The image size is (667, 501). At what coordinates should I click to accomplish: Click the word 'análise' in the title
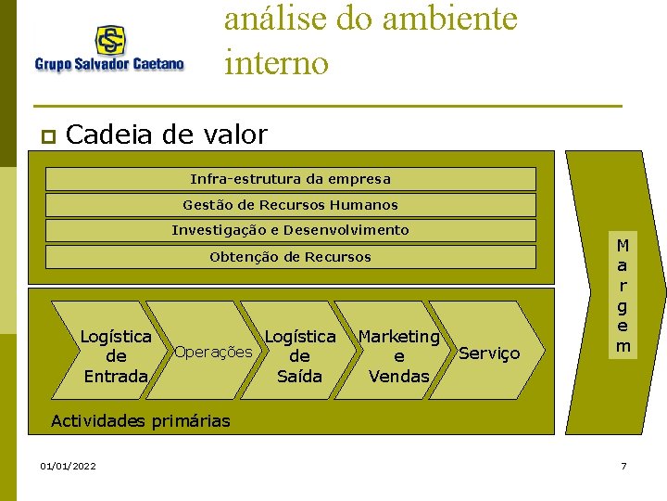[277, 19]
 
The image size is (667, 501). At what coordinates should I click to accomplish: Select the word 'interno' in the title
[276, 63]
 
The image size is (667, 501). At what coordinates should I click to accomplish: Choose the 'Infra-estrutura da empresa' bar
[290, 179]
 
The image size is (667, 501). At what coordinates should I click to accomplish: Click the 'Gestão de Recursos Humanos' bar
[290, 205]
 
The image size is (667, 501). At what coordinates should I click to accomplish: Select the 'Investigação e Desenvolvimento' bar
[290, 230]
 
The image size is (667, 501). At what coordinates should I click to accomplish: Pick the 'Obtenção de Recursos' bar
[290, 257]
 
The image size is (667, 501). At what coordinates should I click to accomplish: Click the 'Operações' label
[213, 352]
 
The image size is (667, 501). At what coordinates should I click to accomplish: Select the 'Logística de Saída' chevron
[299, 356]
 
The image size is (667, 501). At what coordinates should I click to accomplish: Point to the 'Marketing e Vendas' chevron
[398, 356]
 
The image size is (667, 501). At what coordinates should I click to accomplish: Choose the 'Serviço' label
[489, 353]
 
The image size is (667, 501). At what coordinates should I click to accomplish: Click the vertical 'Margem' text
[623, 296]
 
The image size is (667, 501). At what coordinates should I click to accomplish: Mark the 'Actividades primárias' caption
[140, 421]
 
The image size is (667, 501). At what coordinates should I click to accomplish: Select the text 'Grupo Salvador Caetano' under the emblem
[109, 64]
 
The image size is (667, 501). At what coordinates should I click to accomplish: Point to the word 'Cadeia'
[110, 135]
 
